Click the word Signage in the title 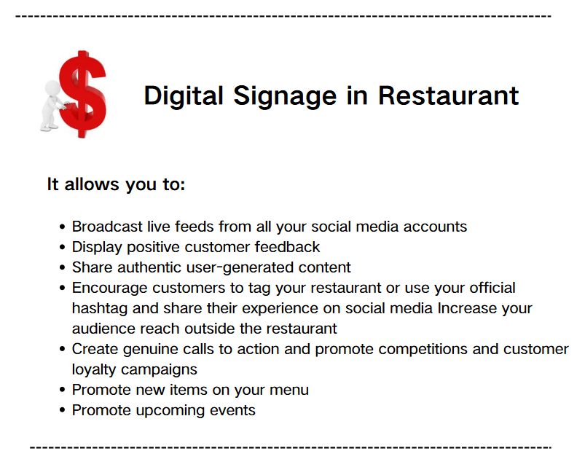click(x=285, y=97)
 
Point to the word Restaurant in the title click(x=448, y=96)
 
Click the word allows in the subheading click(x=92, y=184)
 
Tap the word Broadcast click(x=107, y=227)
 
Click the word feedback click(x=287, y=247)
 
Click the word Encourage click(x=110, y=289)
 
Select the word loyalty click(x=94, y=370)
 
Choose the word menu click(x=289, y=391)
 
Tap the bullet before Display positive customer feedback click(x=63, y=247)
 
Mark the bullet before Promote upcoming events click(x=63, y=410)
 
